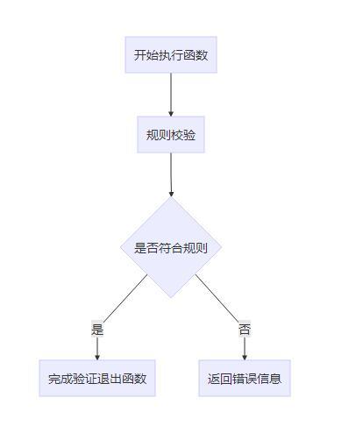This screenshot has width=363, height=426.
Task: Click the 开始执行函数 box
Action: [171, 55]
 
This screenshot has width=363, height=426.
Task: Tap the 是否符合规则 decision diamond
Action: [171, 247]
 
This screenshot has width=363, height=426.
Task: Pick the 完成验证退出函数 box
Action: [97, 379]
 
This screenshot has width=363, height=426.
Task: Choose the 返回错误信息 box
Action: [245, 379]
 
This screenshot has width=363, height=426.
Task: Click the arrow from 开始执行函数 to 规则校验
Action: [171, 93]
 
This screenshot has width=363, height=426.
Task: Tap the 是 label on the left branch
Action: [97, 330]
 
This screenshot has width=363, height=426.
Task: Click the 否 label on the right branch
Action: [245, 330]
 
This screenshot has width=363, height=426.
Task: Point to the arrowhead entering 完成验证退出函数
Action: [97, 356]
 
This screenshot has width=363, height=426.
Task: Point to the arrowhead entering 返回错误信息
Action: [245, 356]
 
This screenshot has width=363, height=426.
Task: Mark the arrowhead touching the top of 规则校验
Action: [171, 113]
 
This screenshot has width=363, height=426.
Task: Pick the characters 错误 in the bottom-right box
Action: [245, 379]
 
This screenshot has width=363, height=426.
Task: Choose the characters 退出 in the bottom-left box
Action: [110, 379]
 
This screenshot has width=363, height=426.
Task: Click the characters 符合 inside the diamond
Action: [171, 247]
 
